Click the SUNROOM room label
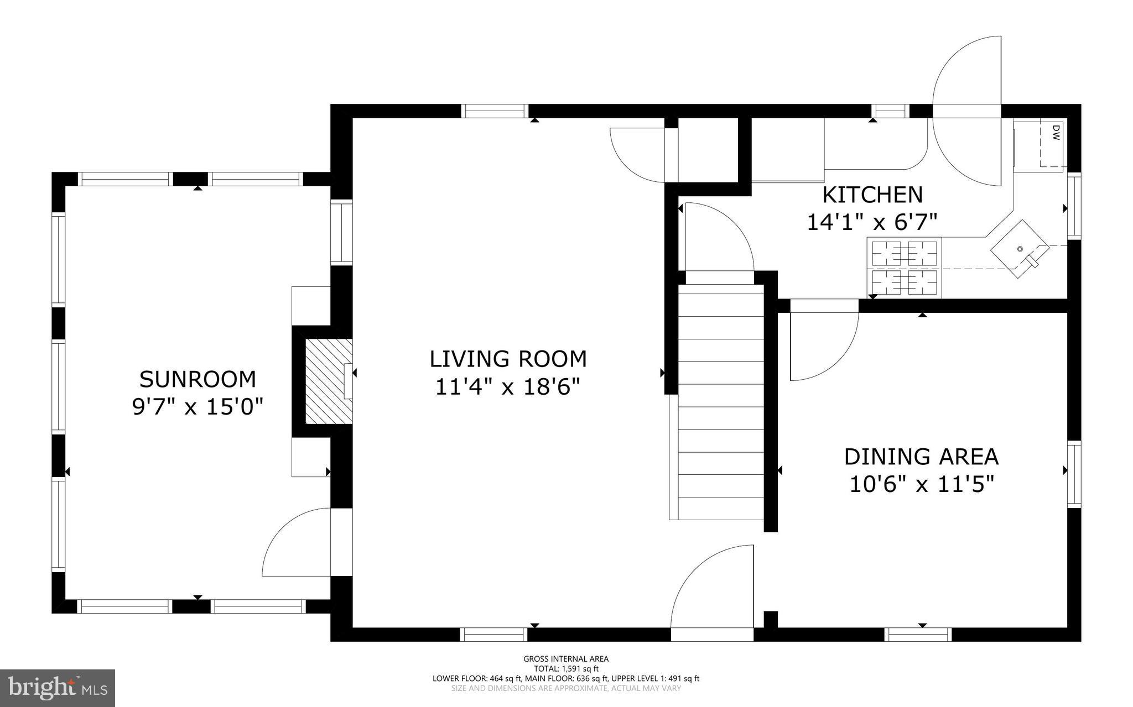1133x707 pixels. pyautogui.click(x=198, y=379)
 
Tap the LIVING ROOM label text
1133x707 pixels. pyautogui.click(x=508, y=359)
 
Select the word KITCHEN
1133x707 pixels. pyautogui.click(x=872, y=195)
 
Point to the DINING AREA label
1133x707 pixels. pyautogui.click(x=921, y=457)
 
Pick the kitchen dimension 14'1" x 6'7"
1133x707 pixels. pyautogui.click(x=872, y=222)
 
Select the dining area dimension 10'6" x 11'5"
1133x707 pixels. pyautogui.click(x=921, y=484)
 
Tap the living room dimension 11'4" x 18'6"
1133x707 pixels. pyautogui.click(x=508, y=386)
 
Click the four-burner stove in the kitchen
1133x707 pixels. pyautogui.click(x=904, y=268)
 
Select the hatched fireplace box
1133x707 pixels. pyautogui.click(x=329, y=382)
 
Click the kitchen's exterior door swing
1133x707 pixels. pyautogui.click(x=967, y=111)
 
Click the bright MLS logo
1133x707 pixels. pyautogui.click(x=58, y=688)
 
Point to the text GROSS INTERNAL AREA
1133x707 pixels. pyautogui.click(x=566, y=659)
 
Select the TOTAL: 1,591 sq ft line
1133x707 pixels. pyautogui.click(x=566, y=669)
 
